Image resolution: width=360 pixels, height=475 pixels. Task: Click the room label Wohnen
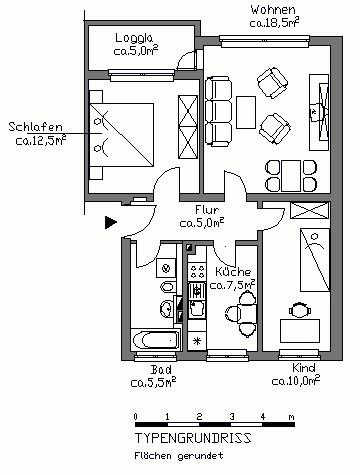coord(271,10)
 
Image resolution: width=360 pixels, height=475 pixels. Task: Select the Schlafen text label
coord(35,127)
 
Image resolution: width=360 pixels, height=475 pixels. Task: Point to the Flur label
coord(207,210)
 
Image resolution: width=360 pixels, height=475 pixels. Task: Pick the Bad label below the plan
coord(153,368)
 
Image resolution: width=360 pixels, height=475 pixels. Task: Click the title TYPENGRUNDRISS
coord(193,438)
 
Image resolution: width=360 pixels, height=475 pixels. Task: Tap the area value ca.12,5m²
coord(43,141)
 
